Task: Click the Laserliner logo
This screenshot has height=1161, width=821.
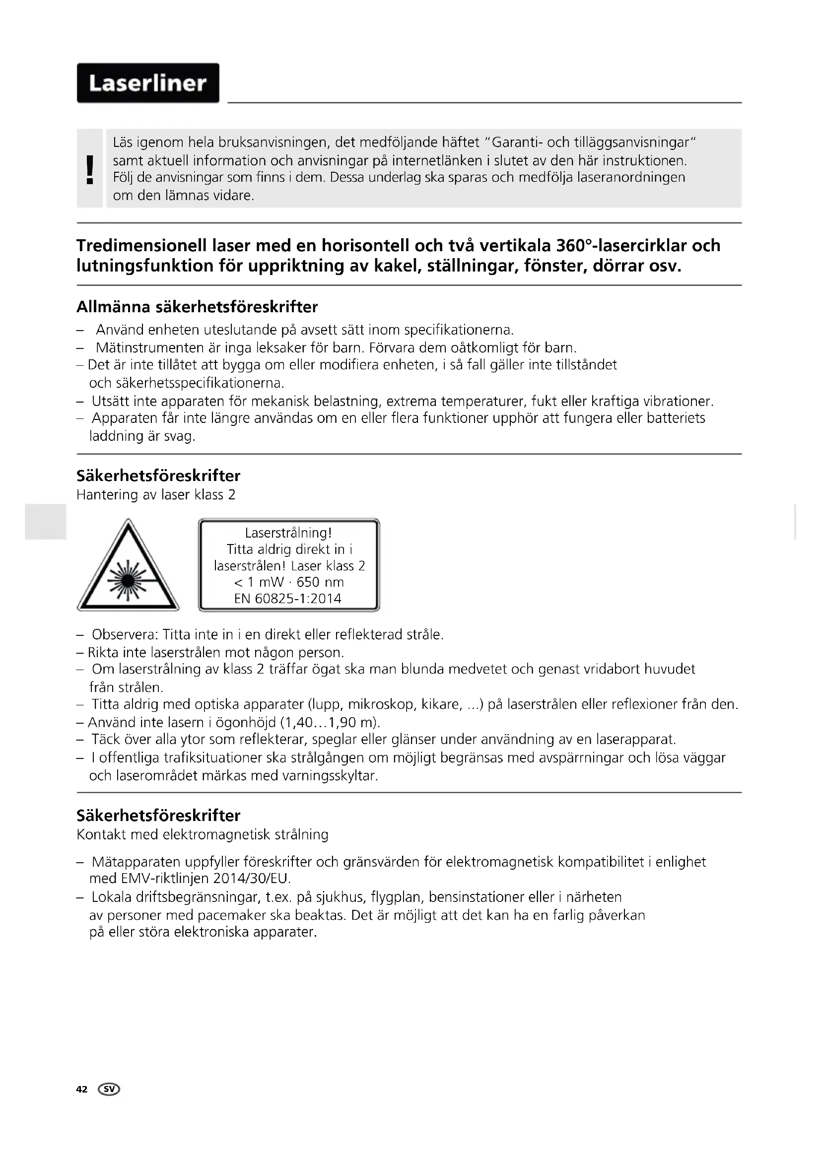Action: tap(147, 83)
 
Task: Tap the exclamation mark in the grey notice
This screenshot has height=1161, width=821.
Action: tap(90, 169)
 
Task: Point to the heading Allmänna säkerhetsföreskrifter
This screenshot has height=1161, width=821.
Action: tap(197, 307)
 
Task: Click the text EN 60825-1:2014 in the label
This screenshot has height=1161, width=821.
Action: tap(288, 599)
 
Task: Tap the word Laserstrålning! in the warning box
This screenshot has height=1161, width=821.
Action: tap(288, 533)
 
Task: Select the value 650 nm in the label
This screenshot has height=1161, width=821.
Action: tap(320, 582)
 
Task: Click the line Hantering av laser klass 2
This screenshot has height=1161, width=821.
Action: tap(156, 494)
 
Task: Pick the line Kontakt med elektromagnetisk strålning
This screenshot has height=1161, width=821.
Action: tap(202, 834)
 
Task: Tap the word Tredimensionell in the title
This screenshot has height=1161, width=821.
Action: tap(141, 246)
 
